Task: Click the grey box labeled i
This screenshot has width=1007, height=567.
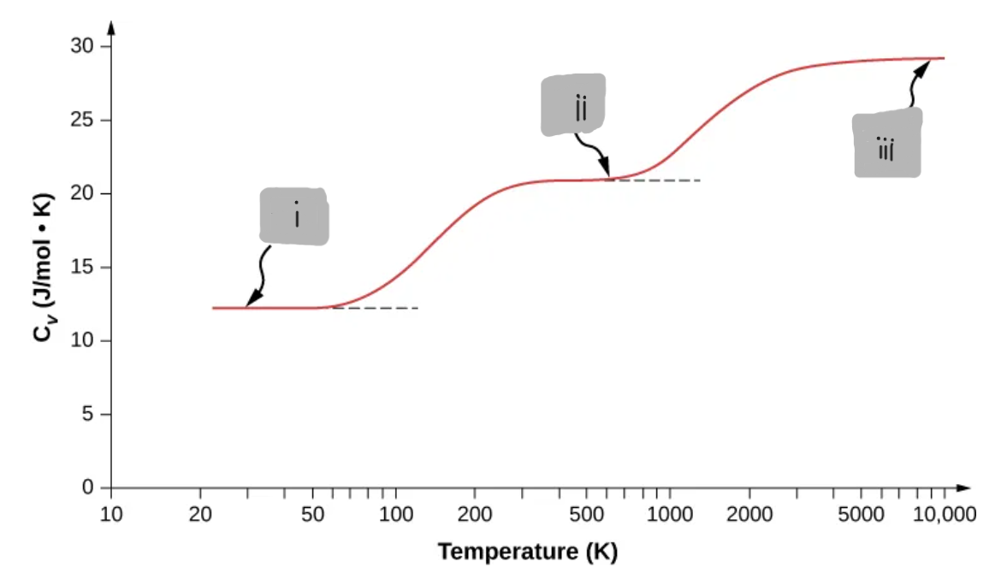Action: pos(294,216)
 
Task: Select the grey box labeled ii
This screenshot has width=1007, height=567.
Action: pos(573,104)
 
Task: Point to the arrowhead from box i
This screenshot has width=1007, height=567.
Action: pos(249,302)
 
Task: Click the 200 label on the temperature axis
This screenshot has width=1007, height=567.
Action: pos(474,515)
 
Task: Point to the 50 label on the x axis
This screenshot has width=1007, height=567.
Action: pos(312,515)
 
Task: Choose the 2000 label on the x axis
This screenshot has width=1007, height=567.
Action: pos(749,515)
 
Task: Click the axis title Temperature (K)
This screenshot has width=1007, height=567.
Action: pos(527,551)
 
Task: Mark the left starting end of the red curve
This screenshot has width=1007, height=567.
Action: pos(214,308)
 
